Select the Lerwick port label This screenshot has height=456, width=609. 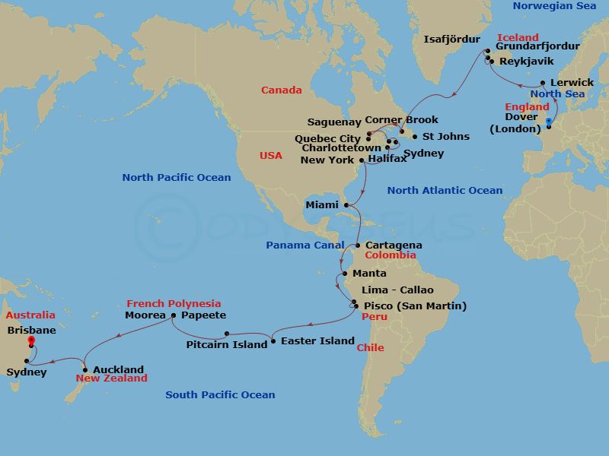[x=572, y=82]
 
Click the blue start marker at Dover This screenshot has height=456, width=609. [x=549, y=121]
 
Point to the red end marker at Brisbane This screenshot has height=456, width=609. [x=31, y=341]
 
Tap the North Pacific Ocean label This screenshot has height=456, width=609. [x=176, y=177]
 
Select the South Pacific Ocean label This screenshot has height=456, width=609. [x=220, y=394]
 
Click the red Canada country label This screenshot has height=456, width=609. [x=281, y=90]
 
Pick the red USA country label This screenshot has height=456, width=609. [x=270, y=155]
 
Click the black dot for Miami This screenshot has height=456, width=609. [x=347, y=204]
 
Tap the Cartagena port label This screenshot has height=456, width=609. [x=394, y=245]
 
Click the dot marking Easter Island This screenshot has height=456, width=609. [x=273, y=340]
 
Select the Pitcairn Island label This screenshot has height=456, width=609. [x=227, y=344]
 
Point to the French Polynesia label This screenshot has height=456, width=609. [x=174, y=303]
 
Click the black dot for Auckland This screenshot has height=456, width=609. [x=85, y=370]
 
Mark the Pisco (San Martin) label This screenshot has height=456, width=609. [x=415, y=306]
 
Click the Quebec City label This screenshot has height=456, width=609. [x=327, y=138]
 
